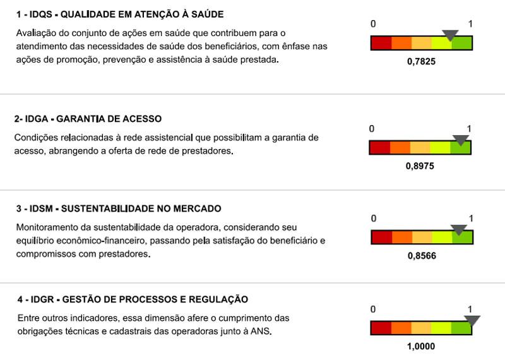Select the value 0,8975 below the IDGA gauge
pyautogui.click(x=420, y=167)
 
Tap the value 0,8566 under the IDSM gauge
pyautogui.click(x=422, y=256)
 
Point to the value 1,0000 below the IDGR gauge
pyautogui.click(x=421, y=346)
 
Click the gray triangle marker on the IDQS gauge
pyautogui.click(x=450, y=35)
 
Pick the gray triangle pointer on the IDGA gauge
pyautogui.click(x=461, y=140)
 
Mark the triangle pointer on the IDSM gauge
pyautogui.click(x=459, y=230)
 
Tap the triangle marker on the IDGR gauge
pyautogui.click(x=472, y=320)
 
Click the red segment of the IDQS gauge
pyautogui.click(x=381, y=44)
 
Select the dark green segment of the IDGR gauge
pyautogui.click(x=461, y=328)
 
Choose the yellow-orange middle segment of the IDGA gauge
pyautogui.click(x=420, y=148)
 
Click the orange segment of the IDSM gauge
pyautogui.click(x=401, y=237)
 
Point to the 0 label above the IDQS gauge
pyautogui.click(x=373, y=24)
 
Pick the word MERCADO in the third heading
pyautogui.click(x=195, y=208)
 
